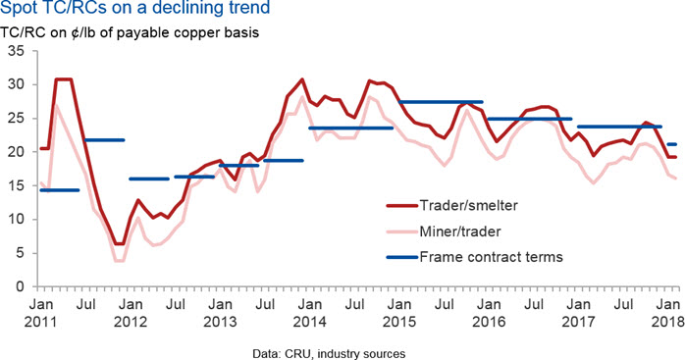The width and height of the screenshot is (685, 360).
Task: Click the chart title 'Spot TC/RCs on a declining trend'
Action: (135, 7)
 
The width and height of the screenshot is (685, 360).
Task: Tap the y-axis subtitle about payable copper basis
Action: (130, 32)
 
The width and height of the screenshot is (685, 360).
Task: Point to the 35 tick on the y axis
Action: (18, 51)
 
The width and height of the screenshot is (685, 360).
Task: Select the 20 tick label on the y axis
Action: (18, 152)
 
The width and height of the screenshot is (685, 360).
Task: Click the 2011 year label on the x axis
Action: (40, 322)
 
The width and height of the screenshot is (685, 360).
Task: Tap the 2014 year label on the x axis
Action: (310, 322)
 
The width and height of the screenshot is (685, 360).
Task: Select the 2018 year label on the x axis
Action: (668, 322)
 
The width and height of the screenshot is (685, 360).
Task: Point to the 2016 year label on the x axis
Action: (489, 322)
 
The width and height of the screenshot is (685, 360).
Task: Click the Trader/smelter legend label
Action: (469, 205)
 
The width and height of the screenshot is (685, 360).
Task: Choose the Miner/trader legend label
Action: (460, 231)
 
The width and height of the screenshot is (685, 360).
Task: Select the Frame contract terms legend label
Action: (492, 257)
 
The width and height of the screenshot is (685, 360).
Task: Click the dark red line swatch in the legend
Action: (402, 205)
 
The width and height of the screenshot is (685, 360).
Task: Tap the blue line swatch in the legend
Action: (402, 257)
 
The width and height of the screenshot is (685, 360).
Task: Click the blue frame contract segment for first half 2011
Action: (60, 190)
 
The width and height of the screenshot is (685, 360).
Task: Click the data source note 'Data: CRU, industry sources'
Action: (329, 353)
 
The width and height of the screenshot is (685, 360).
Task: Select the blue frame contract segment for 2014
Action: (351, 128)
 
